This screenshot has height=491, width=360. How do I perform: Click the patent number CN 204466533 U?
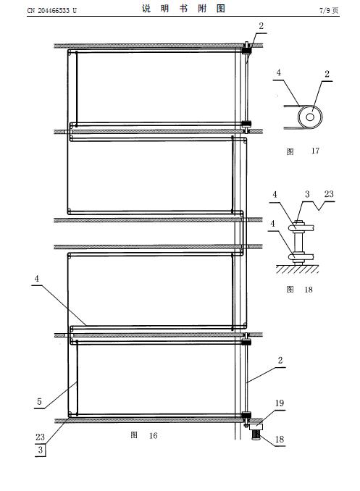point(51,11)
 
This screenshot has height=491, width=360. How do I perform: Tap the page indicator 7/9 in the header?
point(325,11)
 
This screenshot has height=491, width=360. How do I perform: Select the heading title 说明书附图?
point(183,9)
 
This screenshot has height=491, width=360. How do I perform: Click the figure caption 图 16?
point(144,435)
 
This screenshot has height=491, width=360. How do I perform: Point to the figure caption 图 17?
point(303,151)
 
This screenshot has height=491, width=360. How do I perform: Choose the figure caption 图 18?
point(300,290)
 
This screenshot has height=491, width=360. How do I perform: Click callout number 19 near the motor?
point(280,403)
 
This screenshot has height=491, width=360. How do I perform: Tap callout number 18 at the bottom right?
point(280,440)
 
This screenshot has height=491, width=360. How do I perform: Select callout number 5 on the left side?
point(39,401)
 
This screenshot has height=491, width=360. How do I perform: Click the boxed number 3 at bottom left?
point(40,450)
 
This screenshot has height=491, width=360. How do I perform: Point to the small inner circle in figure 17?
point(310,117)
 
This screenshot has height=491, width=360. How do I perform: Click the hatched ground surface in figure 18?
point(297,269)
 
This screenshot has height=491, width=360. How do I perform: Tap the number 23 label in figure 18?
point(329,194)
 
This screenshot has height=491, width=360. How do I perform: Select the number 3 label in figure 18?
point(307,195)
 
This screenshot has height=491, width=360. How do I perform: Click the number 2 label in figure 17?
point(327,74)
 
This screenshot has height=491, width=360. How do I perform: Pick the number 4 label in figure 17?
point(279,72)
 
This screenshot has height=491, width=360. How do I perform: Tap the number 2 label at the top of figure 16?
point(261,26)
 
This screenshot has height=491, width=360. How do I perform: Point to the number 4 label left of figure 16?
point(37,278)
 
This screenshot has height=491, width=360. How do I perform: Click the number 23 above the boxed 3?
point(40,437)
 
